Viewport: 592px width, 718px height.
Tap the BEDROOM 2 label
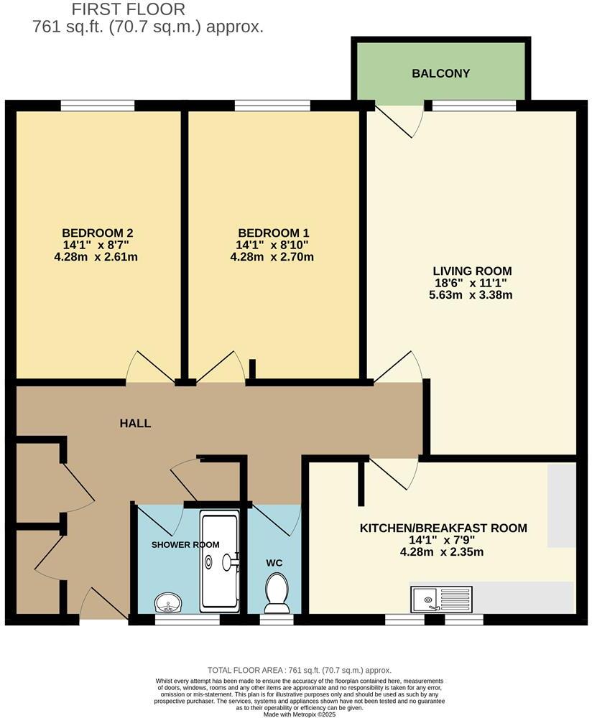point(97,233)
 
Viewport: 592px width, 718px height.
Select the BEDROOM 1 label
point(274,233)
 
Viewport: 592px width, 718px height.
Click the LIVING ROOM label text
point(472,271)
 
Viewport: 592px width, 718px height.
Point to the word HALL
point(135,424)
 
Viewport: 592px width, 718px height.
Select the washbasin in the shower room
point(169,602)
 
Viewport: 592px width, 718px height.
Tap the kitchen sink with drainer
point(440,597)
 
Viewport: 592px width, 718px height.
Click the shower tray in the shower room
point(220,561)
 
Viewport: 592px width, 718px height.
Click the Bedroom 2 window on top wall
point(98,106)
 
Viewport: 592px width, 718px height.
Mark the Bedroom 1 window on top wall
point(272,106)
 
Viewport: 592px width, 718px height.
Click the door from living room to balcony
point(399,118)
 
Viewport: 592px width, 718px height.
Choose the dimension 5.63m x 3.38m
point(472,294)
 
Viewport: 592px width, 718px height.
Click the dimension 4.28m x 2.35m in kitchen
point(442,552)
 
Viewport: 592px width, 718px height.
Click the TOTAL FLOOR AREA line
point(300,669)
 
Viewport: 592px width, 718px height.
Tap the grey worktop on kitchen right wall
point(561,505)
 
